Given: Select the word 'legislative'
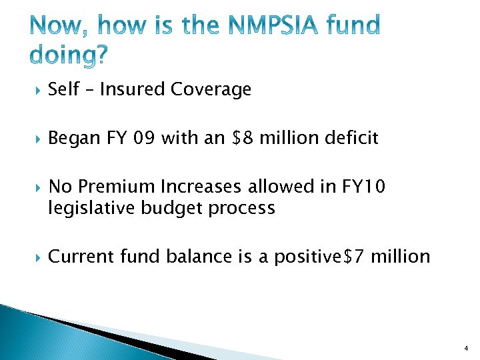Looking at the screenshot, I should coord(92,208).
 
